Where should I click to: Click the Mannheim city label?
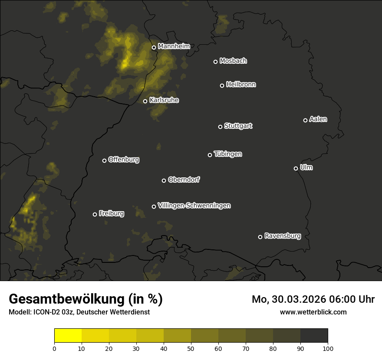point(174,46)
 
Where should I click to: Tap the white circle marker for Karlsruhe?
point(145,101)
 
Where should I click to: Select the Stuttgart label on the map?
point(238,126)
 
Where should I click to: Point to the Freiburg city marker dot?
point(95,214)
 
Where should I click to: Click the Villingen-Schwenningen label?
point(194,206)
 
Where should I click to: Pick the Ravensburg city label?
point(282,236)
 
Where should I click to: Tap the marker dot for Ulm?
point(296,168)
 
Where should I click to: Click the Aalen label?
point(318,119)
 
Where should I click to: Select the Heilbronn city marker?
point(222,85)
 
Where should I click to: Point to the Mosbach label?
point(233,61)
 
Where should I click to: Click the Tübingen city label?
point(227,154)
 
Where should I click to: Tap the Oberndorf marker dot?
point(164,180)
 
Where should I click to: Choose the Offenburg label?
point(123,160)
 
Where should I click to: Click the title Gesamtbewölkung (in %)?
point(86,299)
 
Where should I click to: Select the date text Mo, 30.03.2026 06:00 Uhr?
point(313,299)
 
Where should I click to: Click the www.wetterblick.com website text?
point(313,312)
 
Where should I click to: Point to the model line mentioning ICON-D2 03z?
point(79,312)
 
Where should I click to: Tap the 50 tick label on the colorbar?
point(191,348)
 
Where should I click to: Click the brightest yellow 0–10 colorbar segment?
point(68,336)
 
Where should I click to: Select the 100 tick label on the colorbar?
point(328,348)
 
